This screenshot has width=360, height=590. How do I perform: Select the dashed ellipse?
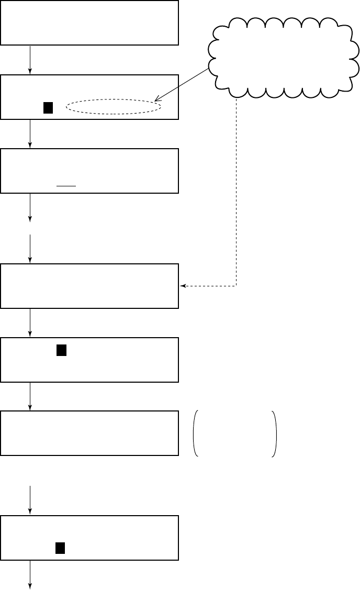pos(114,107)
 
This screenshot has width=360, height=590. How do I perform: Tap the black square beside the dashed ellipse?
pos(48,108)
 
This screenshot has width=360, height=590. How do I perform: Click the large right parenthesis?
pos(274,433)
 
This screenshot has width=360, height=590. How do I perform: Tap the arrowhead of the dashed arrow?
pos(183,286)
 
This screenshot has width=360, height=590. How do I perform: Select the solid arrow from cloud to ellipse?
pos(182,83)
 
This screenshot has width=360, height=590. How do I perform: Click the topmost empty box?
pos(89,23)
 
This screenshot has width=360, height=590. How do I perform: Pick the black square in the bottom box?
pos(60,548)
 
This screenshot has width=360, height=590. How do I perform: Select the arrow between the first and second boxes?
pos(30,60)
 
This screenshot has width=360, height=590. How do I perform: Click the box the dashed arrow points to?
pos(89,286)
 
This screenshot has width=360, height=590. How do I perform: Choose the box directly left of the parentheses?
pos(89,433)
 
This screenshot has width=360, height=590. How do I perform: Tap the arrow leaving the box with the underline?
pos(30,207)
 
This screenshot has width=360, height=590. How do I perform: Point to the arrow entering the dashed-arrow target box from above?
pos(30,249)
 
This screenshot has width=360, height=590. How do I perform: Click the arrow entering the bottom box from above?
pos(30,500)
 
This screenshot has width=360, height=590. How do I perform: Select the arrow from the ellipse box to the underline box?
pos(30,134)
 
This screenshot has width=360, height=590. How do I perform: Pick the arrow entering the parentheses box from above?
pos(30,396)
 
